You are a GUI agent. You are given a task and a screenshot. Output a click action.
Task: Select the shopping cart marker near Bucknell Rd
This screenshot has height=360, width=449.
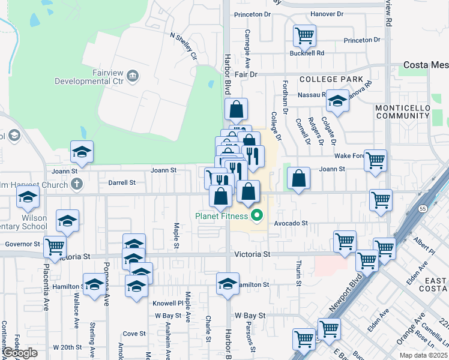point(304,36)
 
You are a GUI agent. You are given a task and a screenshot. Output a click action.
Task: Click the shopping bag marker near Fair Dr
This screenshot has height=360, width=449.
point(237,110)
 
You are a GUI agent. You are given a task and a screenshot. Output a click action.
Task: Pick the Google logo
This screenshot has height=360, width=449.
point(20,353)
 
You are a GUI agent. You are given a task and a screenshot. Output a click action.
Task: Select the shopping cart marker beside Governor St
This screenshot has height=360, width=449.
point(55,246)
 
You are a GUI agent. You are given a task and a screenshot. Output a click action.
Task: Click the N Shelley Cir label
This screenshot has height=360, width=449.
point(184,46)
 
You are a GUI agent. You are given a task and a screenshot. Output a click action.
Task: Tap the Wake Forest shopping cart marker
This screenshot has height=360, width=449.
point(375,160)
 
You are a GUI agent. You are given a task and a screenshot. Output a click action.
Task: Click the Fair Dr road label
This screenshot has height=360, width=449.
point(246,74)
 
